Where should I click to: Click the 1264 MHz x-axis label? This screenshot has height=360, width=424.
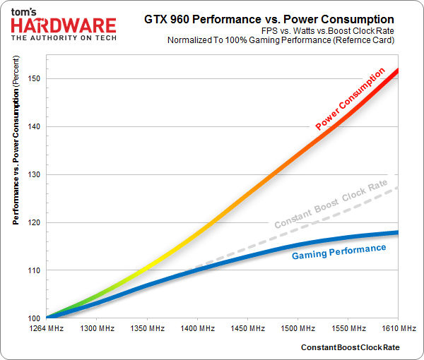point(47,329)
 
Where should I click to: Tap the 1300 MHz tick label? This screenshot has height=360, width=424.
point(98,329)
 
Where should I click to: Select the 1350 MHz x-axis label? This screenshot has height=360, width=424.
point(148,329)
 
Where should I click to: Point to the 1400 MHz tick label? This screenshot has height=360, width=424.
point(198,329)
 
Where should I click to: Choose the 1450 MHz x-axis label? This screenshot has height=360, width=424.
point(248,329)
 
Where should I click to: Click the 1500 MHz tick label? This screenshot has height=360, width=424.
point(298,329)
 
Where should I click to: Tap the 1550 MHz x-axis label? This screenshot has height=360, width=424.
point(348,329)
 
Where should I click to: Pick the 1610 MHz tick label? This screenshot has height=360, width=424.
point(398,329)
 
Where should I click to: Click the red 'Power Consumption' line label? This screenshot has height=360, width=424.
point(350,100)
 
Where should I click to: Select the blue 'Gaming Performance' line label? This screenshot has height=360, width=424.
point(339,251)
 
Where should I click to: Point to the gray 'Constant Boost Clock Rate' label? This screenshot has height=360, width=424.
point(331,203)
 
